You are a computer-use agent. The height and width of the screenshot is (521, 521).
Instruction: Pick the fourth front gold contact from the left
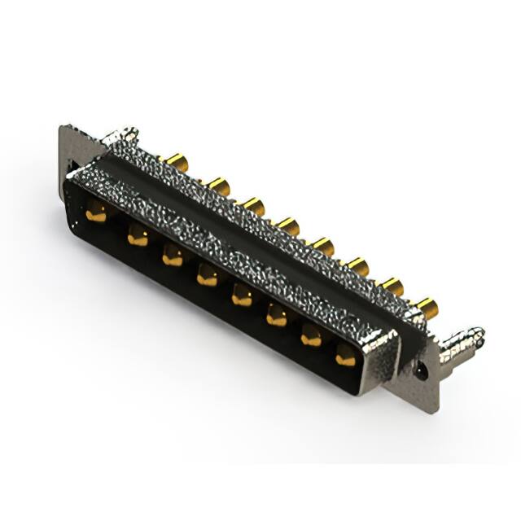coord(208,278)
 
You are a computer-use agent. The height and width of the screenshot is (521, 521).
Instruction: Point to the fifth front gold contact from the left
coord(242,297)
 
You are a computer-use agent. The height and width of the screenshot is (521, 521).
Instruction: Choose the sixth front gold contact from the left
coord(277,317)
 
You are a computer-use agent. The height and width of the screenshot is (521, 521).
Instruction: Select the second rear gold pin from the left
coord(217,185)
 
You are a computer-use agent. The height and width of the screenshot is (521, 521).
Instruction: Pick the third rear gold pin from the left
coord(252,205)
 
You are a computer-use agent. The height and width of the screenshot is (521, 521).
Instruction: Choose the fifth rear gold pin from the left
coord(322,245)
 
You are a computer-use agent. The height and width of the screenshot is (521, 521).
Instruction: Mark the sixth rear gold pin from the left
coord(357,265)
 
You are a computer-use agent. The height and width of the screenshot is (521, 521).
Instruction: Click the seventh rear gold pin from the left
coord(392,286)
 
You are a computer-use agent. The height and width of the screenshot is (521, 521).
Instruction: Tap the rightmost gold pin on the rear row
coord(427,307)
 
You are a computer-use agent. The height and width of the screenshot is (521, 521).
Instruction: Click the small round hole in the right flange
coord(421,368)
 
